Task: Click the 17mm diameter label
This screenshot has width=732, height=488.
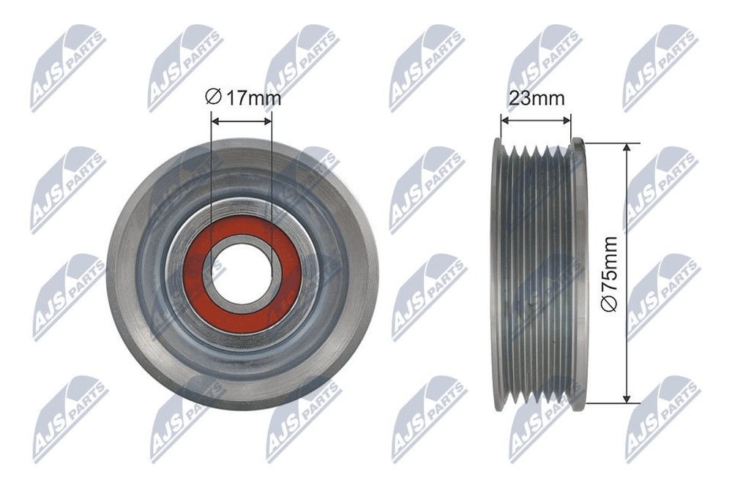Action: pos(243,98)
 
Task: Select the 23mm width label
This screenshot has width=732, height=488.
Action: pos(537,99)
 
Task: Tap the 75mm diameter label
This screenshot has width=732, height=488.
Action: pos(610,274)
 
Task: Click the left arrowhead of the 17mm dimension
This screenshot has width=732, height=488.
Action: pos(215,121)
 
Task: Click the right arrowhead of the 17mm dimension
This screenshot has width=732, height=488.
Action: pos(267,121)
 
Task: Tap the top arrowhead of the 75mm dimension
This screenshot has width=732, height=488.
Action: pos(627,148)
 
